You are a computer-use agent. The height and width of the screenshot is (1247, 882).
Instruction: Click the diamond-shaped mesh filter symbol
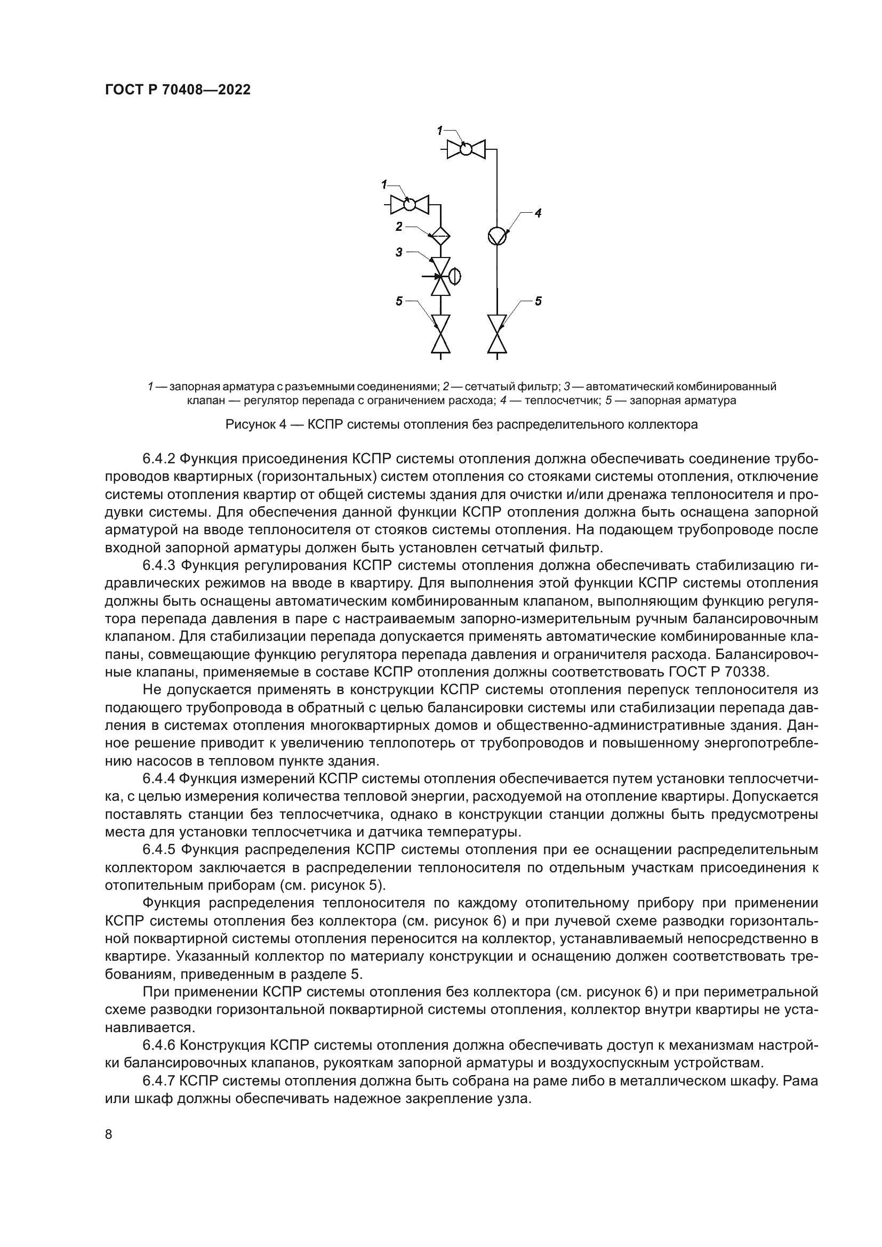coord(440,235)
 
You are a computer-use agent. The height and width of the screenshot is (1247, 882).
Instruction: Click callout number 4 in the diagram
coord(538,213)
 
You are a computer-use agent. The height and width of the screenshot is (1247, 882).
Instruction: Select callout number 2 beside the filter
coord(399,227)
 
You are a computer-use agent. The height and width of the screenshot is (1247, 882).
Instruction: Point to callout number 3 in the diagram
coord(399,252)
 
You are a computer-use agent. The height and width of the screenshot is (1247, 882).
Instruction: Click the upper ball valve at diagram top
coord(466,148)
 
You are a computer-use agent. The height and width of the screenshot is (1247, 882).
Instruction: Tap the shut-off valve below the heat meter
coord(496,333)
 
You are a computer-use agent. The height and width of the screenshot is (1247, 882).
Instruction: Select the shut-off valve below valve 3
coord(440,333)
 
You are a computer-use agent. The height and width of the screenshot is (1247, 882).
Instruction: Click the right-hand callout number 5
coord(538,301)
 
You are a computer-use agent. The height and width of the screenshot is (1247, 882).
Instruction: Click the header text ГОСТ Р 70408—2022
coord(178,90)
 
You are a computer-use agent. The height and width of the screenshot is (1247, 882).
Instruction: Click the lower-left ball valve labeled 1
coord(410,204)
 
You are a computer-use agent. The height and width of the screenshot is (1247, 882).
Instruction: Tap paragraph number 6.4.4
coord(158,779)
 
